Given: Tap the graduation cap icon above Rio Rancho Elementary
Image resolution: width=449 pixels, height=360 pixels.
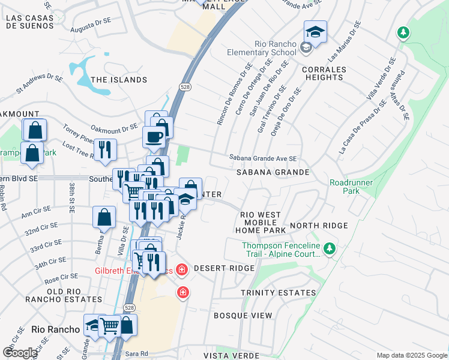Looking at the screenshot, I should coord(315,31).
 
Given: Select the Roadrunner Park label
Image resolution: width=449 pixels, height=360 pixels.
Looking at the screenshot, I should coord(352,187).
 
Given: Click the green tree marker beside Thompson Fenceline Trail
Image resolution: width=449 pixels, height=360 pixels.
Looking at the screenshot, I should coord(328,248).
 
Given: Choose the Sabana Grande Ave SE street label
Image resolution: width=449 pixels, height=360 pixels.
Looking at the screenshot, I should coord(262,158).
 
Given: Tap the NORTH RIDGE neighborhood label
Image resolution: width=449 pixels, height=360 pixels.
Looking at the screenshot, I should coord(318,226).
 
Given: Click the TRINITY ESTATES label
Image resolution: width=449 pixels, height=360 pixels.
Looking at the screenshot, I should coord(278,293).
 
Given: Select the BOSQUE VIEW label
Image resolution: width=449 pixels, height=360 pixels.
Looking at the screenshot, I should coord(243,316).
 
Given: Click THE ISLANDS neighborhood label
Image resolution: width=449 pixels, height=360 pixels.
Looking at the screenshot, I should coord(119,80).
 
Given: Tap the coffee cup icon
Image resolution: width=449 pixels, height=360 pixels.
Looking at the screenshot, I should coord(154,136).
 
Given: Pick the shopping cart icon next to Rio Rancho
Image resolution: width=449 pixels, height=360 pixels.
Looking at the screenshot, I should coord(110,326).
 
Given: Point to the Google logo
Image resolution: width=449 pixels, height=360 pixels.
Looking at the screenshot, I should coord(20,353).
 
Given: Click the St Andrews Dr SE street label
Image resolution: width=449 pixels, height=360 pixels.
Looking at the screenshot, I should coord(40,84).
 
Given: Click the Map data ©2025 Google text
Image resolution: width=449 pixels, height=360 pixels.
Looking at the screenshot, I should coord(411,355).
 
